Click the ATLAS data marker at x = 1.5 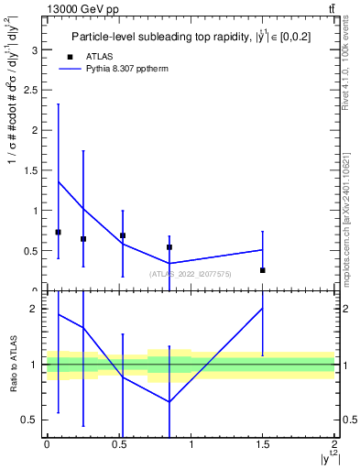263,270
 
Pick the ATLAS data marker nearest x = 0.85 169,247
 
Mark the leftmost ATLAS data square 59,233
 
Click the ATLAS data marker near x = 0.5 123,235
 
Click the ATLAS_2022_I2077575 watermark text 191,273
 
